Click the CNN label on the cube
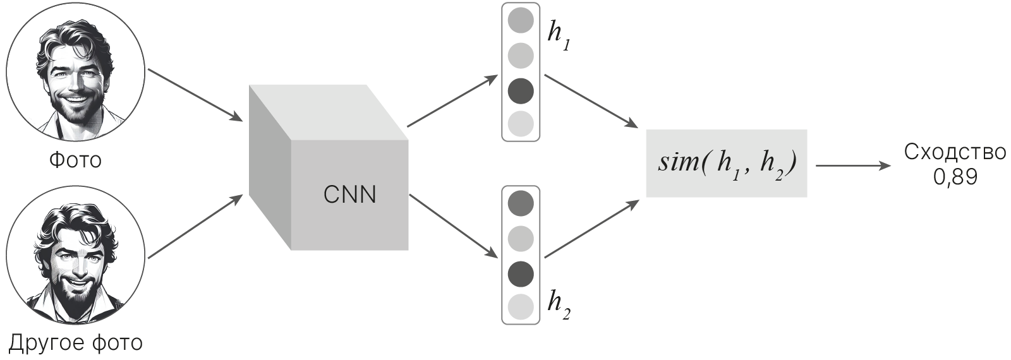[349, 195]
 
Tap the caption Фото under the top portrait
[75, 160]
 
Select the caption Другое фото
[75, 343]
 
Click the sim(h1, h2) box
[726, 163]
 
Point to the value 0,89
[955, 177]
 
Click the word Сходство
[955, 153]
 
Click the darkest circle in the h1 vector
[521, 91]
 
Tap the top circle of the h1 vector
[521, 21]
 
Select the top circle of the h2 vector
[521, 203]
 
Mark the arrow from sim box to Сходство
[853, 166]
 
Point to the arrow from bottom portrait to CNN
[195, 227]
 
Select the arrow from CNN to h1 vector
[452, 101]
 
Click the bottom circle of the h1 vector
[521, 124]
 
